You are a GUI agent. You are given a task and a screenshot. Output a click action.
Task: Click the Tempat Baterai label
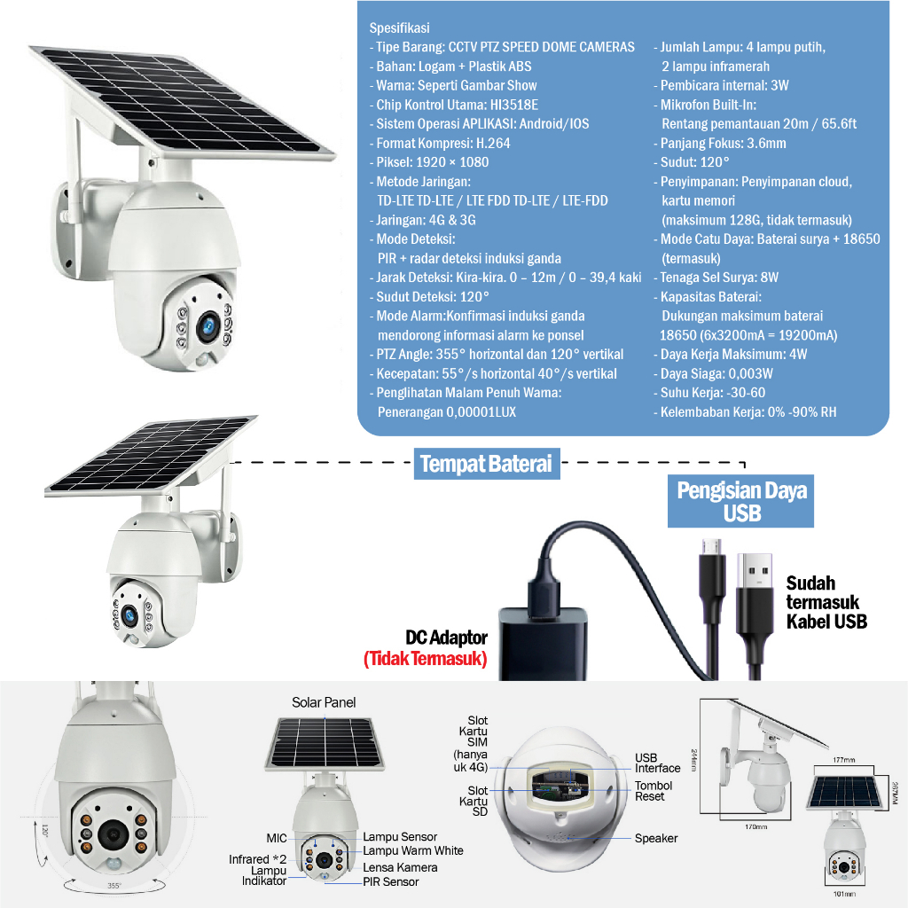tap(486, 464)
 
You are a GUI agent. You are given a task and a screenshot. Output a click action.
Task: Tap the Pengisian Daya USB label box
tap(741, 502)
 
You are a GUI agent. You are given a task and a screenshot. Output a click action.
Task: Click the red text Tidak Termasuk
tap(426, 659)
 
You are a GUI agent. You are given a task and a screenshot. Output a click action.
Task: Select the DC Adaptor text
tap(446, 638)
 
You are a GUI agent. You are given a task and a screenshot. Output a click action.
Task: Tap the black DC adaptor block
tap(542, 642)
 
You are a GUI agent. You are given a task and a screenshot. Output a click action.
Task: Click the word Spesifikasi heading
tap(399, 28)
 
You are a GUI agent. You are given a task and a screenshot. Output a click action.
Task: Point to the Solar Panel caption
tap(324, 702)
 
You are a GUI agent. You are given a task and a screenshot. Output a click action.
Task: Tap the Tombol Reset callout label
tap(654, 791)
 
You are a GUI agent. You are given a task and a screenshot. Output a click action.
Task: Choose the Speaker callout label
tap(655, 838)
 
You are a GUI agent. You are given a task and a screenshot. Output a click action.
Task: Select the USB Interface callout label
tap(657, 763)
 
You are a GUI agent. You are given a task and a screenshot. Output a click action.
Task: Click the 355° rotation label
tap(113, 886)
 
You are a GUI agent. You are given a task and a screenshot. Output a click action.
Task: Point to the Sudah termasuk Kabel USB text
tap(826, 602)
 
